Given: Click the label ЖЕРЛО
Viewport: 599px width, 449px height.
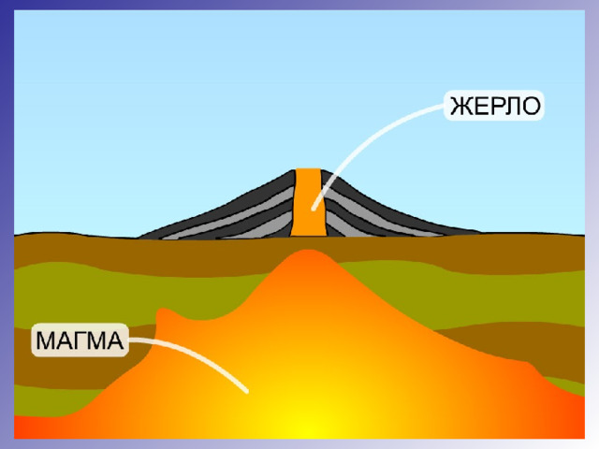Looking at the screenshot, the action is point(495,106).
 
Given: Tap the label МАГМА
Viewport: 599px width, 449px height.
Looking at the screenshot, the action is point(80,340).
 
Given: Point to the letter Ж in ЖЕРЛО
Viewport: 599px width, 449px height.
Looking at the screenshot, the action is point(460,106).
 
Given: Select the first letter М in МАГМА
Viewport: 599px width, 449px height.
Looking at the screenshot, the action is point(46,340).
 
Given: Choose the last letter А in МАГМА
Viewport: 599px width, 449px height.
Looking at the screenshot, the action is point(115,340).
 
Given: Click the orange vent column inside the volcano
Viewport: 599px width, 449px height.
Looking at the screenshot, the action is point(309,202).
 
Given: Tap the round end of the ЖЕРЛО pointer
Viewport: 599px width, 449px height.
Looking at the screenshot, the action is point(314,209).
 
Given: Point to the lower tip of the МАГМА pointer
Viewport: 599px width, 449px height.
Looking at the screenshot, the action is point(247,391).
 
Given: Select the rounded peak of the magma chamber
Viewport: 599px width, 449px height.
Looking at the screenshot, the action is point(308,253).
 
